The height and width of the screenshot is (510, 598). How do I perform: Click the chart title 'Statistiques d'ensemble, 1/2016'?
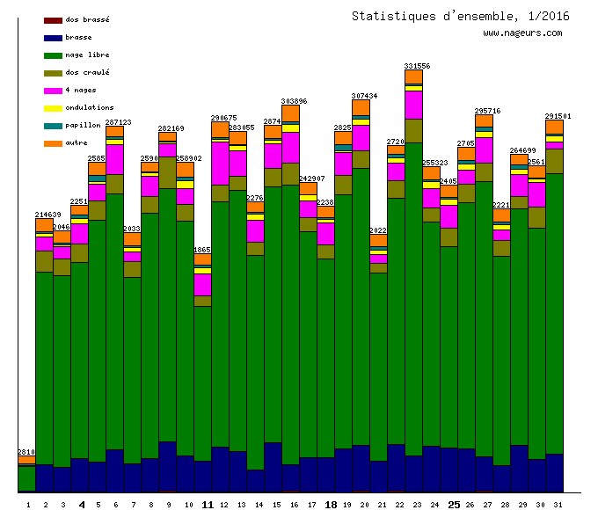click(460, 16)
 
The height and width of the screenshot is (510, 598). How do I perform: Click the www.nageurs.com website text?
click(521, 33)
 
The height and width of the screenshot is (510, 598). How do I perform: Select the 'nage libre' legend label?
click(87, 55)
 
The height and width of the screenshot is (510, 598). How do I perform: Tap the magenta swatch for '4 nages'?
click(53, 91)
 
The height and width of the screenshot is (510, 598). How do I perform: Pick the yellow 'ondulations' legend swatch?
click(53, 108)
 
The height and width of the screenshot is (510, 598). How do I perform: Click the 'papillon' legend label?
click(83, 125)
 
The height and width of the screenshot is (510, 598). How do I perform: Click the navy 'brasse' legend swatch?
click(53, 38)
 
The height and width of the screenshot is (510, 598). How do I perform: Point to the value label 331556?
click(417, 66)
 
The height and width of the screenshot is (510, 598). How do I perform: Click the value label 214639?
click(47, 215)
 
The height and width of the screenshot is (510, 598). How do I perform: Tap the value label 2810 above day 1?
click(26, 452)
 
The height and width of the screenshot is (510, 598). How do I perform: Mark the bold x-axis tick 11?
click(208, 505)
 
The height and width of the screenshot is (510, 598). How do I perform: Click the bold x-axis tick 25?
click(454, 505)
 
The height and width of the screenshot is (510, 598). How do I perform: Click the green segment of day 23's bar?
click(413, 299)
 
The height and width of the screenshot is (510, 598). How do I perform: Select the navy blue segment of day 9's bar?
click(167, 466)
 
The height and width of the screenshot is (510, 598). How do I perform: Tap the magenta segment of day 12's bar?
click(220, 163)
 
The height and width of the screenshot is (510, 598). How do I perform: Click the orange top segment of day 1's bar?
click(26, 460)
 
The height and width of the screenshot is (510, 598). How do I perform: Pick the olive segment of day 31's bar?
click(554, 161)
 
